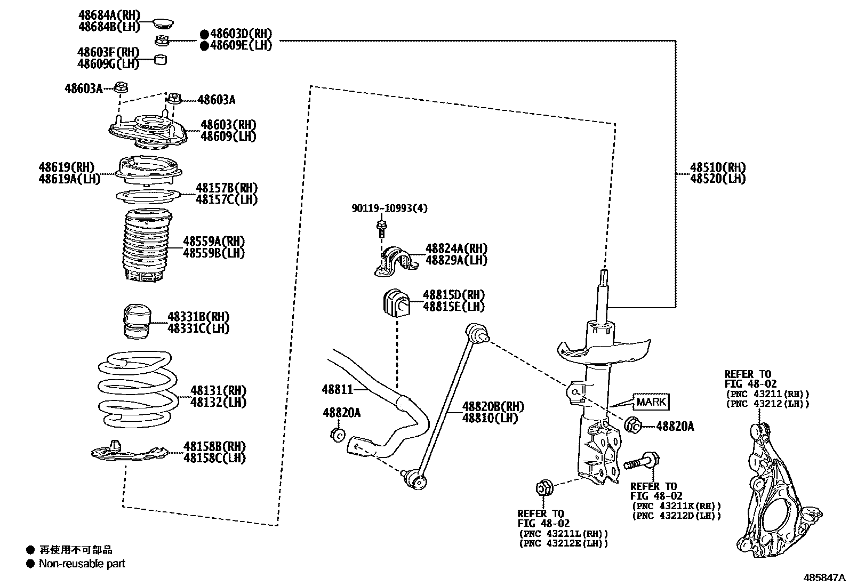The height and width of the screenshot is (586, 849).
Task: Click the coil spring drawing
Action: pos(138,389)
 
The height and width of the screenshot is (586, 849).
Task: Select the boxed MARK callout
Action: pos(651,402)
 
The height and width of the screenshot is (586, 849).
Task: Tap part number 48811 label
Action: pos(337,389)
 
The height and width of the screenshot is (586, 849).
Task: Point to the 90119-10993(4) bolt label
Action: pos(389,208)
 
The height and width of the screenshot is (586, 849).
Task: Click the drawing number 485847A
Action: pos(824,577)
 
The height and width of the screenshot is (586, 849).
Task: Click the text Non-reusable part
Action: pos(82,563)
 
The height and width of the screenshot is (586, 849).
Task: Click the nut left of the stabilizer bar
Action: pos(336,435)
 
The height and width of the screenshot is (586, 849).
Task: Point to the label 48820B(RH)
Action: pos(493,406)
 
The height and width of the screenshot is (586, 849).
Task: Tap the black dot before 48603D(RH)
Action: pos(204,34)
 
